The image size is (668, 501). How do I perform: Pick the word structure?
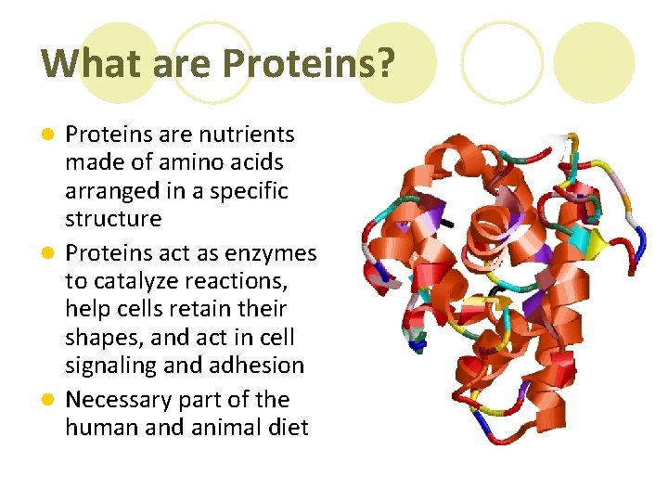click(113, 219)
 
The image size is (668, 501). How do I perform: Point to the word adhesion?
click(257, 366)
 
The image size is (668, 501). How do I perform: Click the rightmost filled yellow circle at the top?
click(594, 62)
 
